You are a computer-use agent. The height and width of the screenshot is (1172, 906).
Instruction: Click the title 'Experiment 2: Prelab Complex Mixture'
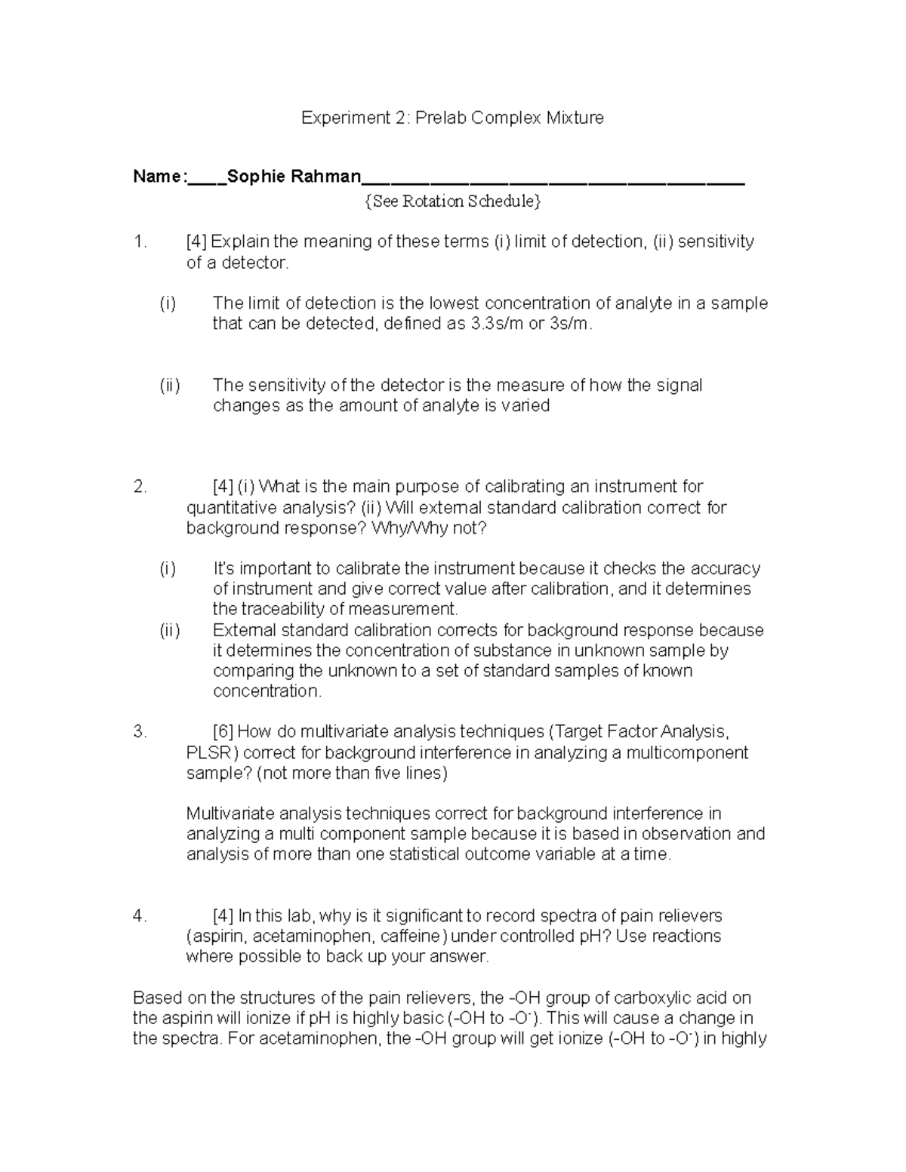point(452,118)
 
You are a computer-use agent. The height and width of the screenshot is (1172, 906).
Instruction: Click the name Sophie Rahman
point(294,177)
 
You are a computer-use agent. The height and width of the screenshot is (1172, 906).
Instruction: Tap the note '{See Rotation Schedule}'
point(452,201)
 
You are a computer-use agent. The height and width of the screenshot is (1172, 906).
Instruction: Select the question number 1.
point(139,241)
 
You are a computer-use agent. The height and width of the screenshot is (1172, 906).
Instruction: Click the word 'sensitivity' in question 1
point(716,241)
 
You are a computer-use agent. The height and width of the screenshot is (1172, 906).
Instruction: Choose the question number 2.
point(139,487)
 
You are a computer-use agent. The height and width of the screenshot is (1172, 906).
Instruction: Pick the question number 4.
point(139,916)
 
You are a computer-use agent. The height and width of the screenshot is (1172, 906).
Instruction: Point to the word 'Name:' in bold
point(158,177)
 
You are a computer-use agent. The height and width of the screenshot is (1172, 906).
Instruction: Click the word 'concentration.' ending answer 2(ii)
point(267,691)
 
